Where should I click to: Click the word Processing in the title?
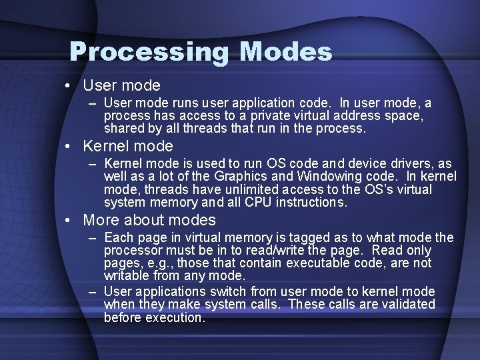150,52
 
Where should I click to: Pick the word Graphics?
244,176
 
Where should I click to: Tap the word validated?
407,305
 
